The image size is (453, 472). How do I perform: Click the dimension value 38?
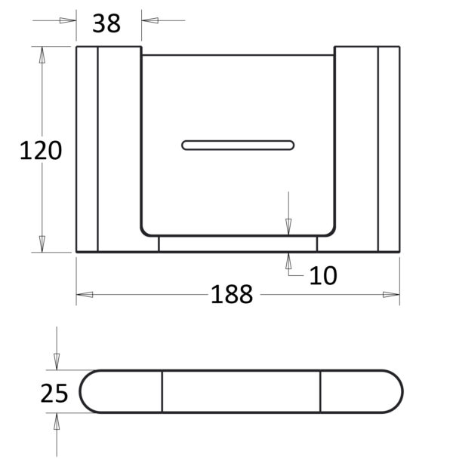(x=106, y=23)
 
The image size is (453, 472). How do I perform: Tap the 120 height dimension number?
(x=41, y=150)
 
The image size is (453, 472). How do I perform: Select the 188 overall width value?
(x=232, y=294)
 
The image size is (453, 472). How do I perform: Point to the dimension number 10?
(x=323, y=275)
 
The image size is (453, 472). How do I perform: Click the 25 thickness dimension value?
(x=54, y=393)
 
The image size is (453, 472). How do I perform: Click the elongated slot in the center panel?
(x=238, y=145)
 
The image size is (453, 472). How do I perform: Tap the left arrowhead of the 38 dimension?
(x=68, y=20)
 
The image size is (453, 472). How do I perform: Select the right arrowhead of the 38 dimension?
(x=149, y=20)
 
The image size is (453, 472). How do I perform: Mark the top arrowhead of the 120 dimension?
(x=42, y=55)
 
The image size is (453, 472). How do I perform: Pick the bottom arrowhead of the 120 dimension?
(x=42, y=244)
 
